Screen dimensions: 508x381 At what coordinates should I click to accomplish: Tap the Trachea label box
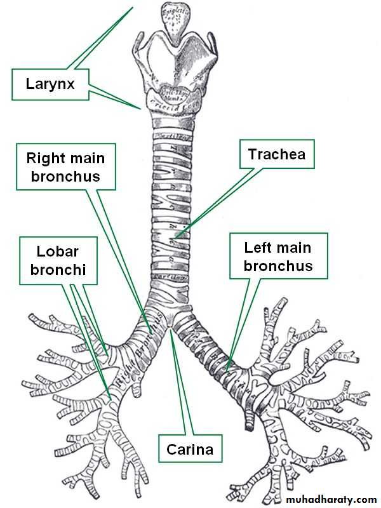[277, 154]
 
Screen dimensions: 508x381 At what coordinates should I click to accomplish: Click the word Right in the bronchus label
[49, 157]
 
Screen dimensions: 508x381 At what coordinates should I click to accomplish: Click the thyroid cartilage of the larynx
[175, 60]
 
